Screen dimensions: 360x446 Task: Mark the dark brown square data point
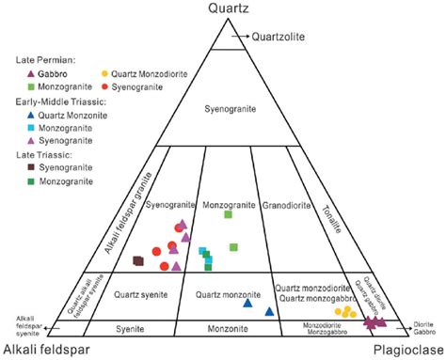(x=138, y=260)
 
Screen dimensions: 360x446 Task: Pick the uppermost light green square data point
(x=228, y=215)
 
